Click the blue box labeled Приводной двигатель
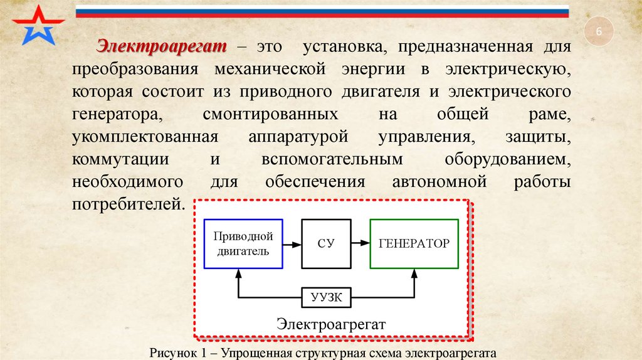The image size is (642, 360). point(243,244)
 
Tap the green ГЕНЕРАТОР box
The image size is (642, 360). point(414,244)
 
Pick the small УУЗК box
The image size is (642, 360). point(327,297)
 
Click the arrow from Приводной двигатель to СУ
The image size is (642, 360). point(292,244)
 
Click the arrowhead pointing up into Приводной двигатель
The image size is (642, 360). point(238,273)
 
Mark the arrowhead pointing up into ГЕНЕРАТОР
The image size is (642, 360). point(414,273)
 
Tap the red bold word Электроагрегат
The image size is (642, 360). point(162,46)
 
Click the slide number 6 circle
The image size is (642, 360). point(597,33)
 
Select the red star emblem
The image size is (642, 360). point(38,25)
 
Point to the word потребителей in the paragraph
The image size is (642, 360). point(129,204)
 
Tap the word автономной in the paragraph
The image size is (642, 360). point(439,182)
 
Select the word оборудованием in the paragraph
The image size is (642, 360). point(508,159)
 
